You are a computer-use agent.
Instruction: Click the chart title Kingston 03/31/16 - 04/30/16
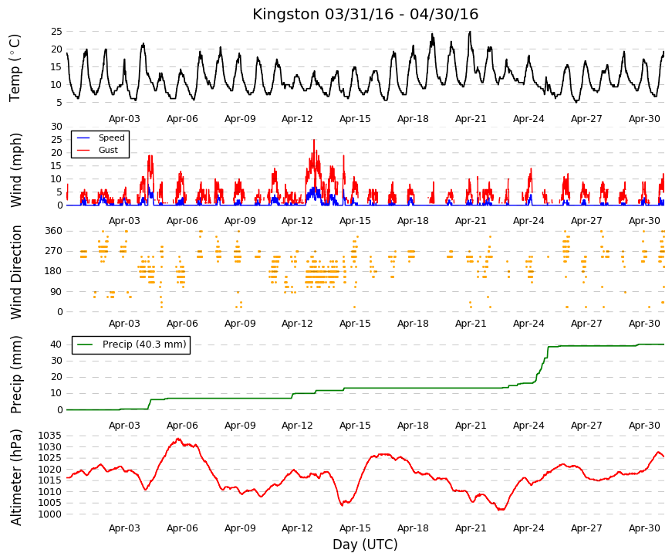pos(365,14)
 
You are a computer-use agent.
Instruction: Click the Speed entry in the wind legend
pos(111,137)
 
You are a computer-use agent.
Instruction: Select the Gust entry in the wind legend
pos(108,150)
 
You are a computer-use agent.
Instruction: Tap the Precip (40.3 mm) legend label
pos(144,344)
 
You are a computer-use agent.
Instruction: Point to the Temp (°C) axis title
pos(15,68)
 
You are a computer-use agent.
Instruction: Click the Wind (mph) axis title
pos(16,170)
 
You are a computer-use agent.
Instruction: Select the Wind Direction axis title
pos(16,272)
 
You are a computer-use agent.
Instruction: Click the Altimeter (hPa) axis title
pos(16,477)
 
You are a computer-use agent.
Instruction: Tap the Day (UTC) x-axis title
pos(365,545)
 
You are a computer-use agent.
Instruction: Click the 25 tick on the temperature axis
pos(56,32)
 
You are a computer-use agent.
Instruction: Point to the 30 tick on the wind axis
pos(56,126)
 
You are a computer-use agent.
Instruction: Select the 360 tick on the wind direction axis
pos(54,231)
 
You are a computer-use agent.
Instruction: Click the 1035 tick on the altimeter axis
pos(49,436)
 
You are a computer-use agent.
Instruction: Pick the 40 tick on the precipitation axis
pos(56,344)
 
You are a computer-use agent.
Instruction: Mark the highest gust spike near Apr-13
pos(314,140)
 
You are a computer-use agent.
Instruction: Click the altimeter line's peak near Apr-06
pos(178,439)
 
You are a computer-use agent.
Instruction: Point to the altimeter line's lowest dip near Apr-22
pos(501,510)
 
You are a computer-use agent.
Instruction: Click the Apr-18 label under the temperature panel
pos(413,119)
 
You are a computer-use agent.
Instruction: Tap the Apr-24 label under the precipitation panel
pos(528,426)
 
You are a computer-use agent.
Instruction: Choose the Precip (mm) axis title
pos(16,375)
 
